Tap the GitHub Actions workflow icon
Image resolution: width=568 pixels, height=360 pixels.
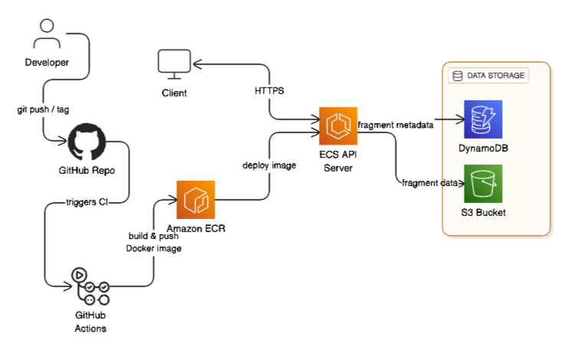[90, 286]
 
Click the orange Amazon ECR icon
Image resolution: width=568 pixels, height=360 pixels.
[195, 200]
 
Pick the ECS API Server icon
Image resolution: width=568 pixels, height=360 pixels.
[337, 127]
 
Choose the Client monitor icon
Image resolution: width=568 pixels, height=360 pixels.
[174, 65]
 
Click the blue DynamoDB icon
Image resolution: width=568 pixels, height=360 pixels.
[482, 120]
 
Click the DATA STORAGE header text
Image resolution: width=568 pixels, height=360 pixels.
[496, 76]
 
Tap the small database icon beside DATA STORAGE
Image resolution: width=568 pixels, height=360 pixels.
[458, 76]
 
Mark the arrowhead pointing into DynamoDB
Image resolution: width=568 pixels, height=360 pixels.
[461, 119]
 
